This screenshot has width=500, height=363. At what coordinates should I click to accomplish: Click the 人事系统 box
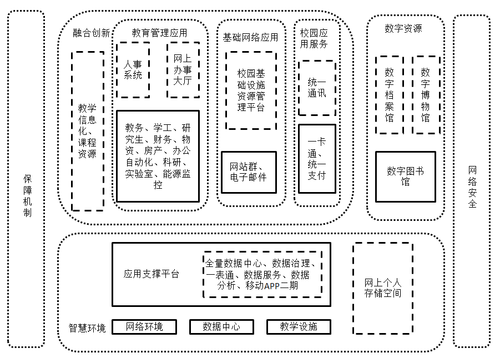(x=133, y=69)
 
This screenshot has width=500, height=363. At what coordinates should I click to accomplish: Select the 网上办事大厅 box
(x=183, y=69)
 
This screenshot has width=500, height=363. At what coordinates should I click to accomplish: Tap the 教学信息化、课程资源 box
(x=88, y=131)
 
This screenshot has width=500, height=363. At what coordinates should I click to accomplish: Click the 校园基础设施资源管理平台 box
(x=251, y=90)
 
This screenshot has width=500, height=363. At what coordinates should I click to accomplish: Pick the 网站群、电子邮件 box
(x=249, y=172)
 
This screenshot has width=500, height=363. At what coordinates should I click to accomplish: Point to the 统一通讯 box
(x=317, y=88)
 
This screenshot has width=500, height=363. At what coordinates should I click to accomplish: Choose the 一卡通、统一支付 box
(x=317, y=159)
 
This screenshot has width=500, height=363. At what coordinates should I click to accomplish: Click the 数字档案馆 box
(x=390, y=95)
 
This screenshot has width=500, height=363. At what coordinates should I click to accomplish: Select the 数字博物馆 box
(x=426, y=95)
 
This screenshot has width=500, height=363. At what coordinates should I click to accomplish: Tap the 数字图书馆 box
(x=406, y=177)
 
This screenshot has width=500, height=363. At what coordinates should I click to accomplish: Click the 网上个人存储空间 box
(x=383, y=288)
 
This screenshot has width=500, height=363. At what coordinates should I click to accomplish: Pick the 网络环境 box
(x=144, y=326)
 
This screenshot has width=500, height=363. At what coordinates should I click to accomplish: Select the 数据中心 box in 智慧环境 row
(x=221, y=326)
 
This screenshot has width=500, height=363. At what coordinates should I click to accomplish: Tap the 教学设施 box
(x=299, y=326)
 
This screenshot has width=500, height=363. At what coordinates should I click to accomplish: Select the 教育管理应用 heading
(x=159, y=33)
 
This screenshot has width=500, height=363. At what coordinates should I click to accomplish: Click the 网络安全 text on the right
(x=472, y=187)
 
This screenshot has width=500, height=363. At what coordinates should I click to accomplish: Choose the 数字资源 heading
(x=403, y=28)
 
